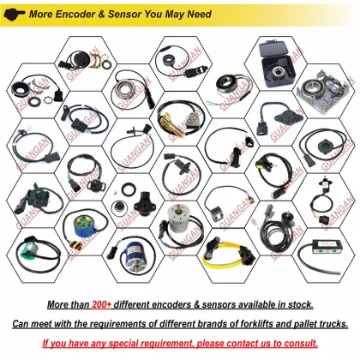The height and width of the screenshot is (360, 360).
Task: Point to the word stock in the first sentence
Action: (x=298, y=304)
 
